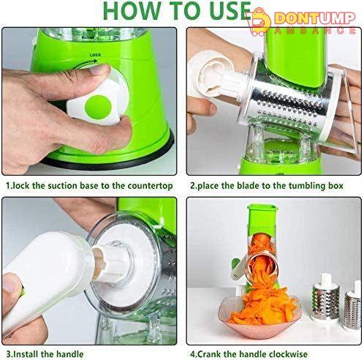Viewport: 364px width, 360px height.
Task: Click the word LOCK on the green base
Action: (x=95, y=55)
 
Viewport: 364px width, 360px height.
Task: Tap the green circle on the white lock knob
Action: (x=98, y=107)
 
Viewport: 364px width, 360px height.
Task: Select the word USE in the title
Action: (x=230, y=11)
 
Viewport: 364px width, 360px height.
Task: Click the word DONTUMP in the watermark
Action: (x=315, y=18)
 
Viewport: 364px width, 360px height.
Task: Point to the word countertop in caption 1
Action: (x=150, y=186)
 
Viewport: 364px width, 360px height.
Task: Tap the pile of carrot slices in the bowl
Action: (x=261, y=307)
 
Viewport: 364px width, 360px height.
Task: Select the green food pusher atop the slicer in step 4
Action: (x=262, y=219)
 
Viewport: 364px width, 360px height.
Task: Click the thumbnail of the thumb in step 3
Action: (x=10, y=284)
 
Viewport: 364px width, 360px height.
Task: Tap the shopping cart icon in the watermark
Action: (x=260, y=23)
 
